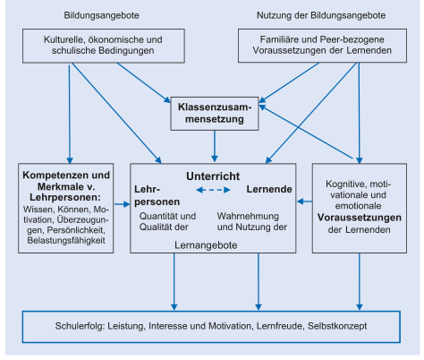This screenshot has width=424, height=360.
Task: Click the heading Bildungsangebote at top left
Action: tap(101, 15)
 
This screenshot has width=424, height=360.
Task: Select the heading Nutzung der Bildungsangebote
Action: tap(321, 15)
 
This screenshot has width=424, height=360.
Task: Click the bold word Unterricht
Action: tap(213, 176)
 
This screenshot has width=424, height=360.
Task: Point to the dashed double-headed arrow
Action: tap(213, 190)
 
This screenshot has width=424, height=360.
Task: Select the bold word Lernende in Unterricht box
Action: tap(269, 189)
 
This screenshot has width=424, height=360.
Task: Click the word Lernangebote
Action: tap(206, 245)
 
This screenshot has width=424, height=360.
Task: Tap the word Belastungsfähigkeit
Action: tap(66, 240)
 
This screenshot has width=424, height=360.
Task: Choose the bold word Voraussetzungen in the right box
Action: tap(360, 218)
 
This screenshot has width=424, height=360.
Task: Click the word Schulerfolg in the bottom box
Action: tap(80, 326)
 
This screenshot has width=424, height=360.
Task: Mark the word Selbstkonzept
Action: tap(337, 326)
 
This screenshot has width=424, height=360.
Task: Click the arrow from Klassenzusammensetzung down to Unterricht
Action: tap(215, 146)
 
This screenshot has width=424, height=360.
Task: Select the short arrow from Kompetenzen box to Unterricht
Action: tap(122, 204)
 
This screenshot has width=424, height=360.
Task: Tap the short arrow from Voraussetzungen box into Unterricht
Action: tap(304, 201)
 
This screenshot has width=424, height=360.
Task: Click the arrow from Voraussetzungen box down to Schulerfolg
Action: tap(360, 282)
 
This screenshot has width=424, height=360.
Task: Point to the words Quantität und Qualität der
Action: tap(167, 221)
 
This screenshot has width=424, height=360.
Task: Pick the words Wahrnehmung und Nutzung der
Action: tap(252, 221)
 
